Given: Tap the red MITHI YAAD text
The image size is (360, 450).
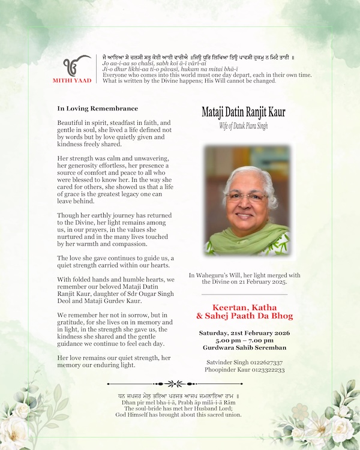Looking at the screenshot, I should pos(76,80).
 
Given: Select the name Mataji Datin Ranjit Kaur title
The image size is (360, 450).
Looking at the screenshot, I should pos(244,112).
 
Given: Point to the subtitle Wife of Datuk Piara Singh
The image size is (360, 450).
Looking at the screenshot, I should pos(244,125).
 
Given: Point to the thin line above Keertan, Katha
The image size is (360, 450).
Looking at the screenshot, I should pos(244,295).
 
